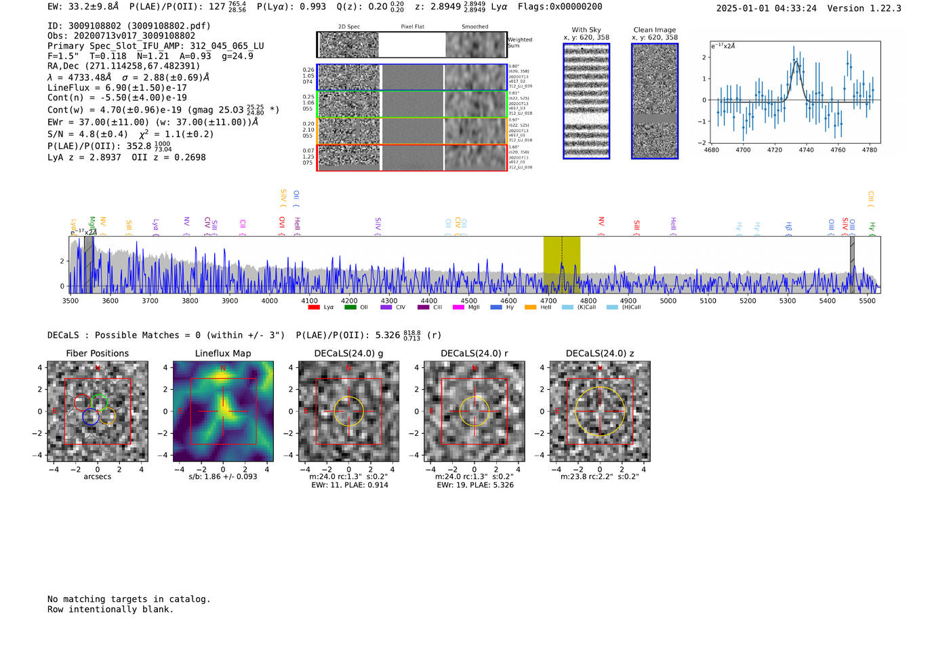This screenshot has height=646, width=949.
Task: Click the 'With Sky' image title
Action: (586, 30)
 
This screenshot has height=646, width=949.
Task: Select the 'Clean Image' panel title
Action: (654, 30)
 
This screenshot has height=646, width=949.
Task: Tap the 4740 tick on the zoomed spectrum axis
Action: (806, 150)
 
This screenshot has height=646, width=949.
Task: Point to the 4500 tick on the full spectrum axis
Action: (468, 300)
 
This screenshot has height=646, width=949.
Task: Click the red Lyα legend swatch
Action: (314, 308)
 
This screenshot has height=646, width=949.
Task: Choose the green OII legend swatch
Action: (350, 308)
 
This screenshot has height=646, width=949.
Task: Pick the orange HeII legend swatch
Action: (530, 308)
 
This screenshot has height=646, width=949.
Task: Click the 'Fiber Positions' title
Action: (97, 353)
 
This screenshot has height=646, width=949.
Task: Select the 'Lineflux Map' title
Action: (222, 353)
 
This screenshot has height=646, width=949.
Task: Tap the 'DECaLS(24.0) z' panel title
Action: (599, 353)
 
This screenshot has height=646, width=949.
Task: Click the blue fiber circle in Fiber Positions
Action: (90, 417)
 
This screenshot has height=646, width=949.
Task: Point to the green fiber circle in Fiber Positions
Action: (100, 402)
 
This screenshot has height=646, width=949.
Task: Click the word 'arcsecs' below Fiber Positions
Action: (97, 477)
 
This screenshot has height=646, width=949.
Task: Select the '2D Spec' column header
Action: (349, 27)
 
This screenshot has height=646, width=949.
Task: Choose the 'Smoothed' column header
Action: (474, 27)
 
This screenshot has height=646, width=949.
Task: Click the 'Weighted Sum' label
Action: (519, 43)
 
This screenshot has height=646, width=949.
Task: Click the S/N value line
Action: (87, 134)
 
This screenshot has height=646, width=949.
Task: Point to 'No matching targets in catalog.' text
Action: (129, 599)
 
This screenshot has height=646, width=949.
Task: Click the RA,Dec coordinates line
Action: (123, 66)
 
